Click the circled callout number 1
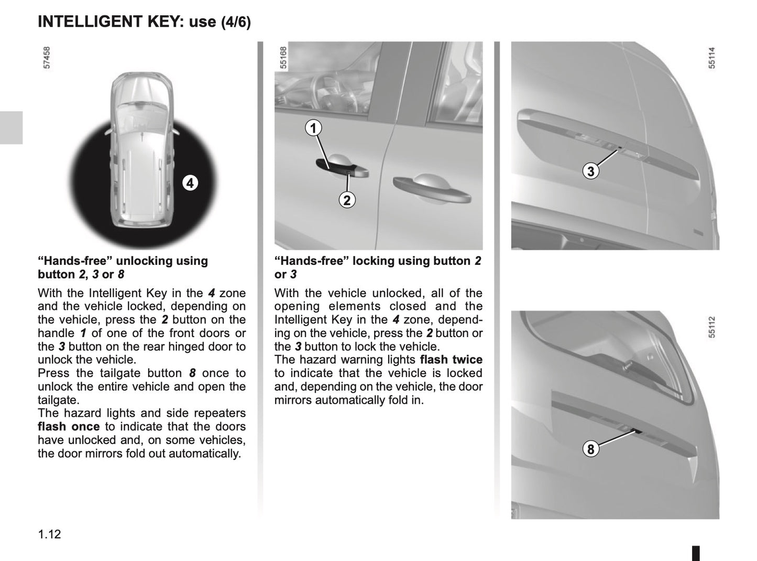(x=313, y=128)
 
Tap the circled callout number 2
(x=347, y=200)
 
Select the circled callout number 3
(x=591, y=171)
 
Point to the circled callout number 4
(x=190, y=183)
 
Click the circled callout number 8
(x=591, y=449)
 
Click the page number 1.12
(x=49, y=534)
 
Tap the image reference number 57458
(x=47, y=58)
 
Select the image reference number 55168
(x=283, y=58)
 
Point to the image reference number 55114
(x=711, y=58)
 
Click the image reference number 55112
(x=711, y=327)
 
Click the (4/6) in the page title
(x=236, y=22)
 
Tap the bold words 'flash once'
(x=68, y=427)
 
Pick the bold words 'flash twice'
(x=451, y=360)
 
